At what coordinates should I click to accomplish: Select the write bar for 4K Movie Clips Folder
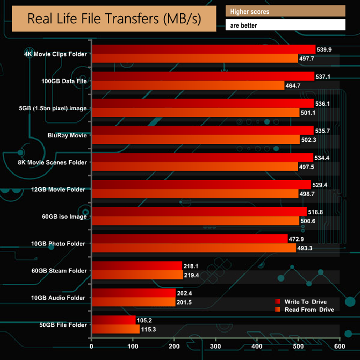coord(203,50)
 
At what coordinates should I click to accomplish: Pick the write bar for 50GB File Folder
coord(113,320)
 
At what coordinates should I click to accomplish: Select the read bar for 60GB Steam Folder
coord(137,275)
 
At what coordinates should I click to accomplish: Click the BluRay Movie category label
coord(68,135)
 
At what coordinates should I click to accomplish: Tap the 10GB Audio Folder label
coord(59,298)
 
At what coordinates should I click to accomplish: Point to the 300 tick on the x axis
coord(215,347)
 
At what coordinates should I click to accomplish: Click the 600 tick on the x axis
coord(339,347)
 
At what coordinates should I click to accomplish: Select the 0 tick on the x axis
coord(91,347)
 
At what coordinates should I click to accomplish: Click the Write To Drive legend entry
coord(305,302)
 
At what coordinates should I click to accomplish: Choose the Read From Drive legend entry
coord(308,310)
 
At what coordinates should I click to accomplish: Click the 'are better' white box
coord(285,25)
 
